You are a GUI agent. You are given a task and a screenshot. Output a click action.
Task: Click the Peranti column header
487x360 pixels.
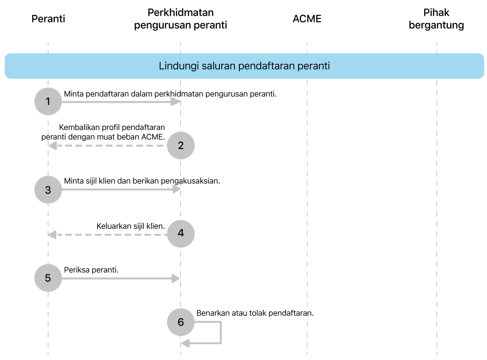click(x=48, y=19)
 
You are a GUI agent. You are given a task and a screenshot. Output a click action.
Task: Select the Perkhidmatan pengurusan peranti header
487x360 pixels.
click(x=181, y=19)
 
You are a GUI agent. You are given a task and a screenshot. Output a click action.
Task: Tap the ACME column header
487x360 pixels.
click(x=307, y=19)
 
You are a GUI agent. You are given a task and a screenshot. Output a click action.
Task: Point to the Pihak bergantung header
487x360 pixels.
click(x=436, y=19)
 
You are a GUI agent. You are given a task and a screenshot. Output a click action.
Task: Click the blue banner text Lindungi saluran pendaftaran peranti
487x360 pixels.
click(x=244, y=66)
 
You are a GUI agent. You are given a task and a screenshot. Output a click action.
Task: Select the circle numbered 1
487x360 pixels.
click(x=48, y=101)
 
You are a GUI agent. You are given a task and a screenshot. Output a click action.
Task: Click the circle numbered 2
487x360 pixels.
click(x=181, y=145)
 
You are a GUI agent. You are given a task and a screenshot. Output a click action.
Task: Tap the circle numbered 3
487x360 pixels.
click(x=48, y=190)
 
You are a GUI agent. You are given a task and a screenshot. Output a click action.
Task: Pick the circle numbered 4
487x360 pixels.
click(x=181, y=233)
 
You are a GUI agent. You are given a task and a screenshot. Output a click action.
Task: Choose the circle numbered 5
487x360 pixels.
click(x=48, y=278)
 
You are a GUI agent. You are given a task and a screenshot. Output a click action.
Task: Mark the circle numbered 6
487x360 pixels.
click(x=181, y=322)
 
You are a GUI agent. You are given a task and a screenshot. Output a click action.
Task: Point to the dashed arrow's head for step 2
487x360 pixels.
click(x=53, y=145)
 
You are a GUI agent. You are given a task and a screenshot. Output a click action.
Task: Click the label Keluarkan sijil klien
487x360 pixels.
click(x=130, y=226)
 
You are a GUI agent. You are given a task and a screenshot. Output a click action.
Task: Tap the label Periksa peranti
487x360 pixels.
click(x=91, y=270)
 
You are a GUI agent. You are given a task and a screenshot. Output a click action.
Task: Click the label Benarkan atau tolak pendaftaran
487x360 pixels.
click(x=255, y=313)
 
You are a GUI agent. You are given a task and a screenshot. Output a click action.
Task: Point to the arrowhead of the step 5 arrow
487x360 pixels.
click(x=176, y=278)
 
